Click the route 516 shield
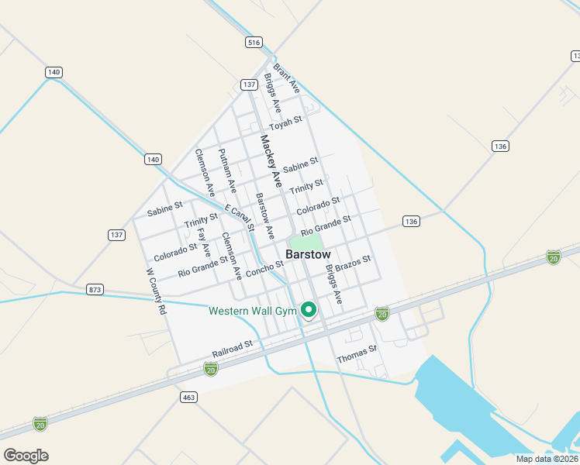[254, 43]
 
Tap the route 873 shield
[95, 289]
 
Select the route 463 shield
[188, 397]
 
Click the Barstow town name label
[308, 254]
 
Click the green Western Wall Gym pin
[309, 310]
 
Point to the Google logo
[26, 455]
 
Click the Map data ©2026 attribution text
[547, 459]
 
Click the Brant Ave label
[286, 79]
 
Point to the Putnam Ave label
[227, 170]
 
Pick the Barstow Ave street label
[265, 215]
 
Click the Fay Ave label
[204, 241]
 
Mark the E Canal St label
[240, 218]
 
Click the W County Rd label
[157, 291]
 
